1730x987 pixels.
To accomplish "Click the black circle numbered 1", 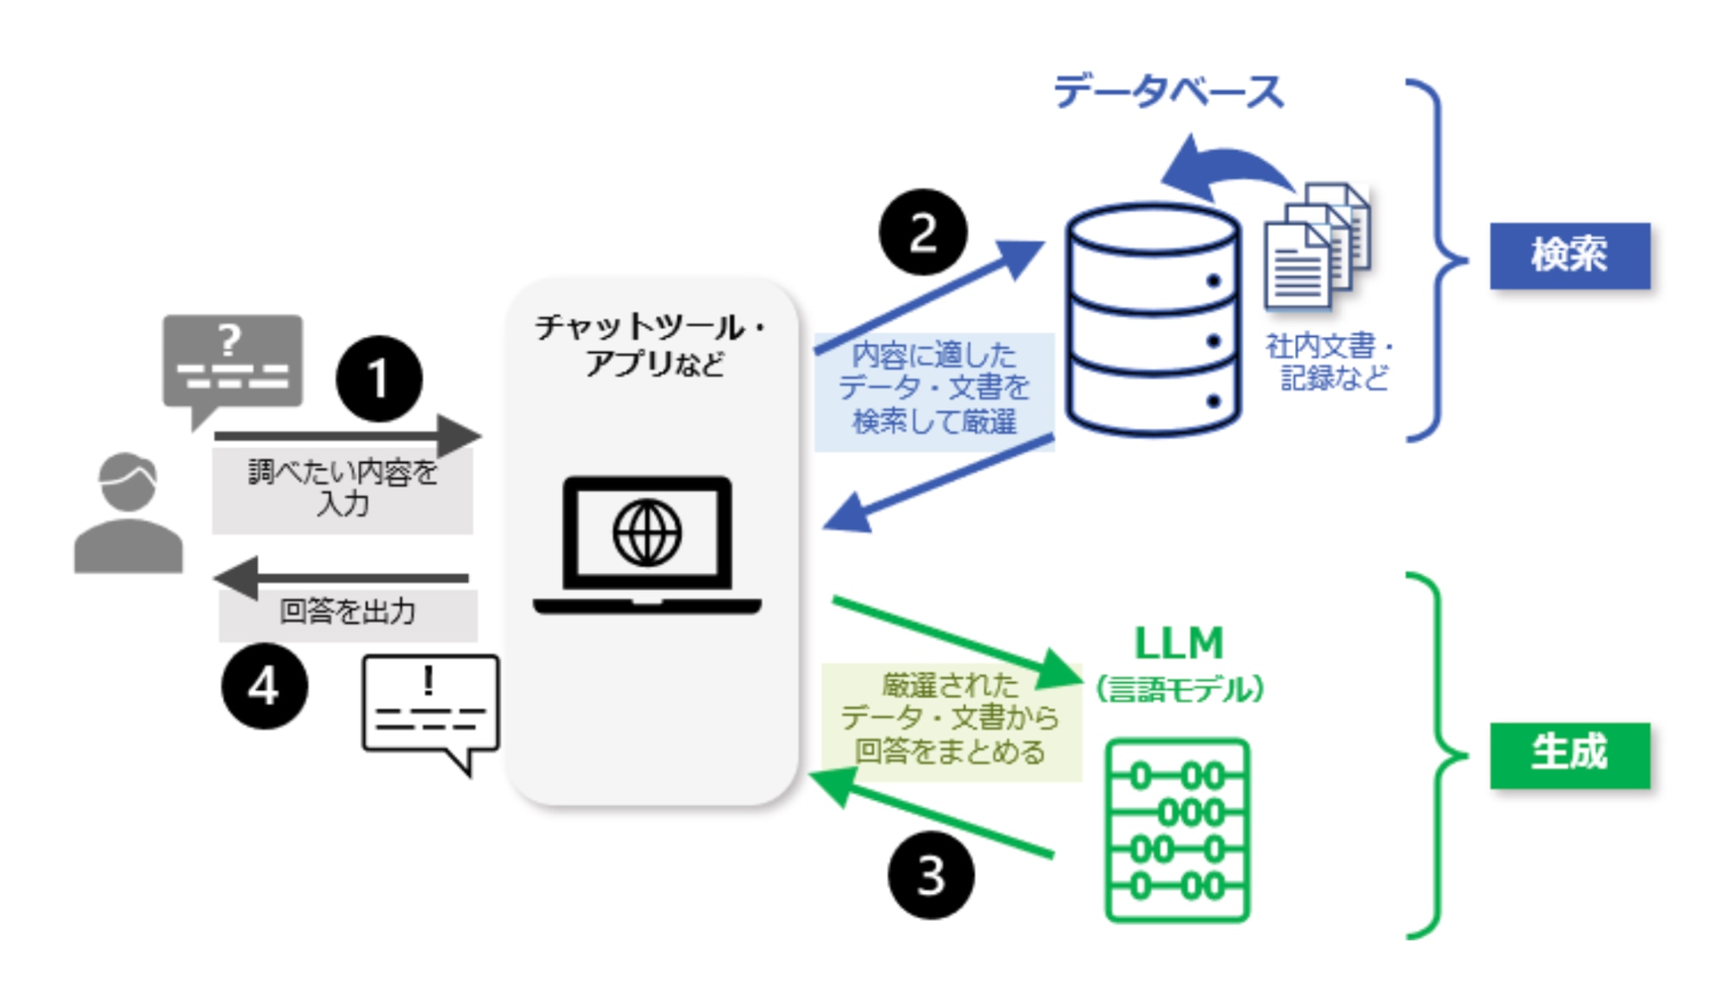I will [378, 378].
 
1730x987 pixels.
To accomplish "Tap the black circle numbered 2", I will [923, 232].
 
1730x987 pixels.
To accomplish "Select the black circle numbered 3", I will [930, 875].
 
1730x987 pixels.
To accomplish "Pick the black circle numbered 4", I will [264, 686].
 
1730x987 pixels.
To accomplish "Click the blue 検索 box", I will [1569, 255].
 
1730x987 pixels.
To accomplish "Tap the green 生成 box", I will [1569, 754].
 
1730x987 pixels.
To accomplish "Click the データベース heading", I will [1168, 91].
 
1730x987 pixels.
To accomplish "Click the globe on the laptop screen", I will [647, 532].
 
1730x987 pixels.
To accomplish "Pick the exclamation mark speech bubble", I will [430, 707].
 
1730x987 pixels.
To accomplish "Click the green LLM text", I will [1178, 643].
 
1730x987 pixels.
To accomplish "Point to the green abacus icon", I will [1177, 830].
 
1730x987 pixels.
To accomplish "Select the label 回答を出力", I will [347, 611].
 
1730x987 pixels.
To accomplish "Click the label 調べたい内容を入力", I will [342, 488].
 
